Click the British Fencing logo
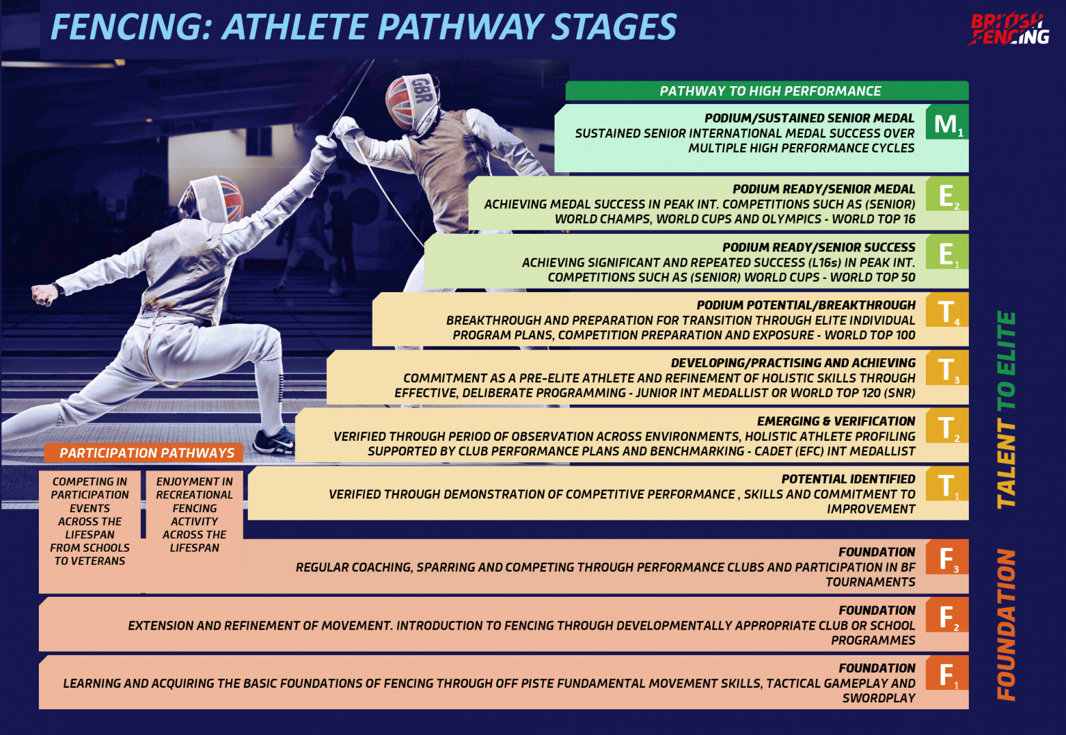pos(1010,29)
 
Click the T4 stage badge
pos(947,312)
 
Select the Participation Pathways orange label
pos(146,453)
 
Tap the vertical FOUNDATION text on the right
pos(1006,625)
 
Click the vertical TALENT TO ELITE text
pos(1006,409)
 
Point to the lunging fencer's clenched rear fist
pos(44,293)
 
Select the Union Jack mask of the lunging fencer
pos(217,198)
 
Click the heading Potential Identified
pos(847,479)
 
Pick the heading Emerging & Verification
pos(836,421)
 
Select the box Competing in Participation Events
pos(90,521)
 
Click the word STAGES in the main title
pos(614,28)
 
